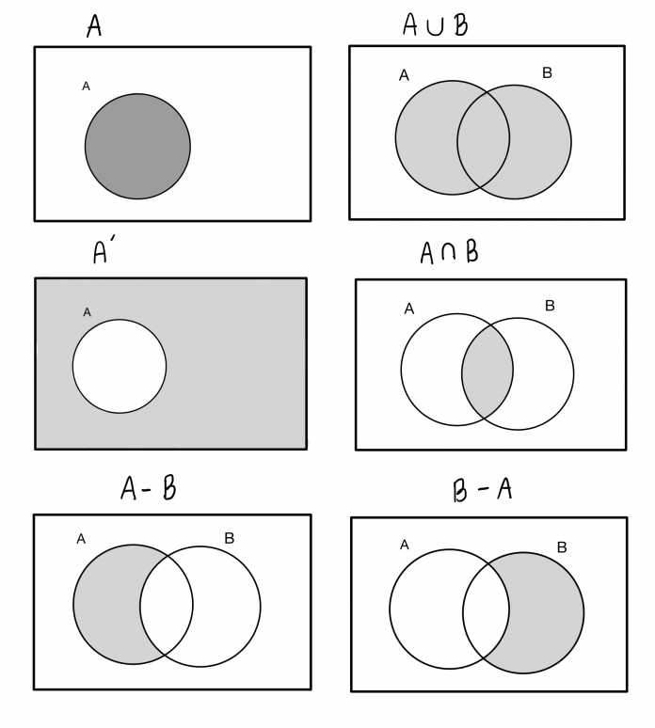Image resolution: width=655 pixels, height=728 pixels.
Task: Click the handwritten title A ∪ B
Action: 436,24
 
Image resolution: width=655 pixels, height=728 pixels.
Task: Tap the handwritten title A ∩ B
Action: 449,253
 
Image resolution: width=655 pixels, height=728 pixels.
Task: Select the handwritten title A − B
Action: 149,488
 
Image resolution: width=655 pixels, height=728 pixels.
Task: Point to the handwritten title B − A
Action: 482,490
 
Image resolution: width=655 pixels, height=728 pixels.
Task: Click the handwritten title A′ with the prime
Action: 104,251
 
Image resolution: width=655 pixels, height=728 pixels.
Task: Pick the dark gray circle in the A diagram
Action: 137,147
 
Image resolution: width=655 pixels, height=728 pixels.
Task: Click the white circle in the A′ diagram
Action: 120,366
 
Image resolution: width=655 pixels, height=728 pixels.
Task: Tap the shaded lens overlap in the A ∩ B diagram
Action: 487,372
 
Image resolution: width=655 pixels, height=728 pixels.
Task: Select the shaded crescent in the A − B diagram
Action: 107,605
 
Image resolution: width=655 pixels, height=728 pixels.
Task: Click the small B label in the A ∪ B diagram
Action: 547,72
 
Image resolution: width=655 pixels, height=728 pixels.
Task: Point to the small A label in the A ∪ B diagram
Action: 404,75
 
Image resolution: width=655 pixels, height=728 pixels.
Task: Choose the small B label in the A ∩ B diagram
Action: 550,306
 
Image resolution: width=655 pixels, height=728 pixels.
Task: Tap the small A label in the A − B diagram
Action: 81,539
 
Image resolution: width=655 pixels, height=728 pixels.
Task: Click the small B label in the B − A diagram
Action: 562,547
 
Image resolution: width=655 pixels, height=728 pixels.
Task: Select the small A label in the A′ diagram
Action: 87,312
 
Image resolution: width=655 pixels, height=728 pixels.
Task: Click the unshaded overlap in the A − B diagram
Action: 167,605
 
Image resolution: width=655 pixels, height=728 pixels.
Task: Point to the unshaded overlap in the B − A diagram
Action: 486,611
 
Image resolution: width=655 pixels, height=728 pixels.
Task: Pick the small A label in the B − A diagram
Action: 405,545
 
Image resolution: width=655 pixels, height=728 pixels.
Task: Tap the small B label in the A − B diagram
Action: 230,538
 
